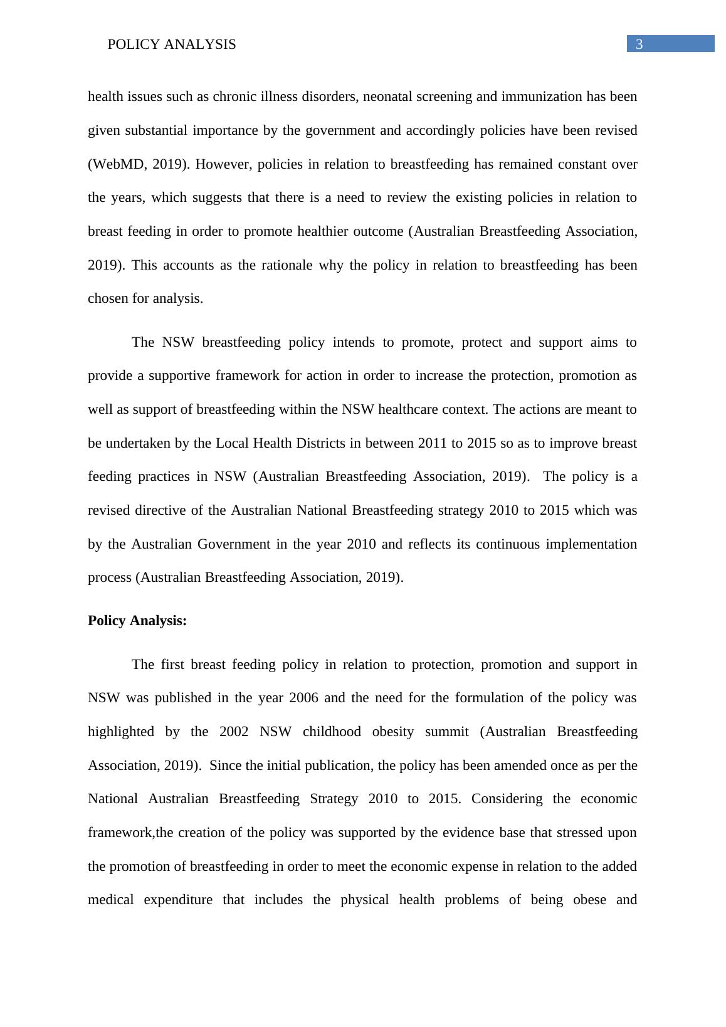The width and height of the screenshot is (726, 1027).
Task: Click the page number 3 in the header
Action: [639, 45]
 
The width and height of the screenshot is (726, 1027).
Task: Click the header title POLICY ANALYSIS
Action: [172, 45]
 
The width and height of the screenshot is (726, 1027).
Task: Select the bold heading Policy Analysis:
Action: [137, 621]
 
